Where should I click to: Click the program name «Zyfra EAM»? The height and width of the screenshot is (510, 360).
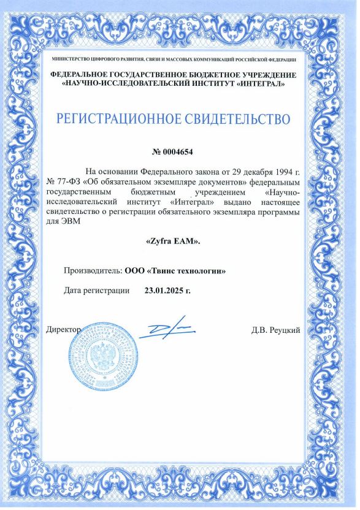173,242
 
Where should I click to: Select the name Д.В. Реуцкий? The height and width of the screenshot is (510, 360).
275,331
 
